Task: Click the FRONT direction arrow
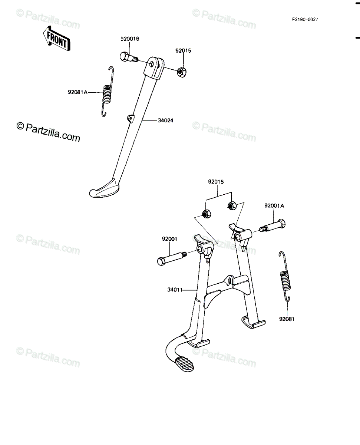pyautogui.click(x=57, y=39)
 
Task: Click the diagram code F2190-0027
pyautogui.click(x=305, y=19)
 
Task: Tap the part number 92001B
pyautogui.click(x=130, y=39)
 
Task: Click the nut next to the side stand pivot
pyautogui.click(x=182, y=72)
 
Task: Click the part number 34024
pyautogui.click(x=165, y=121)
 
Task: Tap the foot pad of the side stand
pyautogui.click(x=104, y=188)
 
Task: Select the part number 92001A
pyautogui.click(x=274, y=206)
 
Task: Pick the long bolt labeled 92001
pyautogui.click(x=172, y=258)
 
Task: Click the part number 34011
pyautogui.click(x=175, y=290)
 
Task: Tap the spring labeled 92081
pyautogui.click(x=285, y=276)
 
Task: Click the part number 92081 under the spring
pyautogui.click(x=287, y=319)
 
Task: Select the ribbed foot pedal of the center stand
pyautogui.click(x=184, y=364)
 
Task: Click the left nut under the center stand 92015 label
pyautogui.click(x=206, y=214)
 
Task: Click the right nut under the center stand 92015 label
pyautogui.click(x=232, y=205)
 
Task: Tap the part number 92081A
pyautogui.click(x=77, y=92)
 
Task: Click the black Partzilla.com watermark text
pyautogui.click(x=48, y=132)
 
